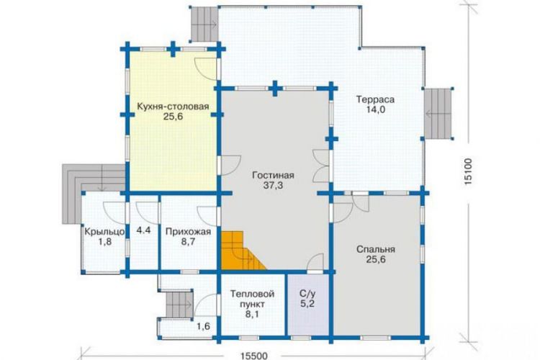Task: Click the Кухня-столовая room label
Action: click(173, 106)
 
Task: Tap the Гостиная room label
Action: click(273, 175)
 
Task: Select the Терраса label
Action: click(375, 99)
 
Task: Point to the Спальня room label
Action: click(376, 249)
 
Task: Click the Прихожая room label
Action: click(188, 232)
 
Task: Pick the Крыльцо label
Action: click(104, 232)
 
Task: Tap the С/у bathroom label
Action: click(307, 294)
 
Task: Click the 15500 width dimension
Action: click(254, 355)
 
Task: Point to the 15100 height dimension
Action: click(467, 171)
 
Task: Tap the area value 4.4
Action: click(143, 230)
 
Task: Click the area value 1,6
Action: click(203, 326)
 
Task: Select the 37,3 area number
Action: click(273, 185)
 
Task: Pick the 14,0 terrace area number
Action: click(375, 109)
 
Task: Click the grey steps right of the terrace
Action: click(438, 114)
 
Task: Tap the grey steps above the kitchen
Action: click(204, 24)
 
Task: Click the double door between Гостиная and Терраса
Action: click(321, 166)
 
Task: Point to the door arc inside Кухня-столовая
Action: click(205, 69)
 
